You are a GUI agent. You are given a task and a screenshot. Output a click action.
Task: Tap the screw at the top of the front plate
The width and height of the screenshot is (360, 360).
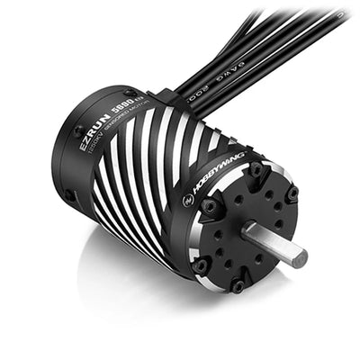[256, 169]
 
